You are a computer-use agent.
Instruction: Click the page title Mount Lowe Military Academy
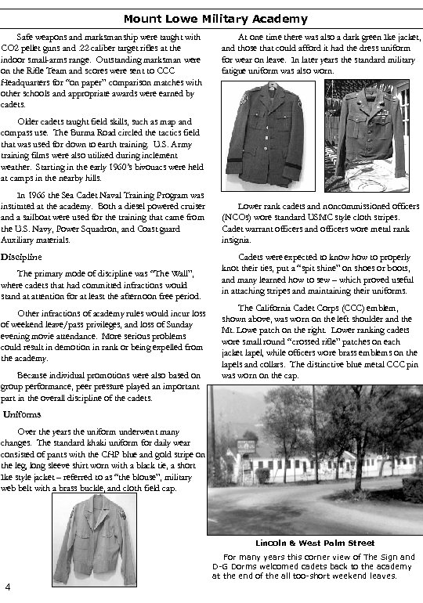coord(215,19)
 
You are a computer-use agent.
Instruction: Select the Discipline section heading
coord(16,257)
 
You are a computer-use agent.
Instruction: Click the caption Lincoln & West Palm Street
coord(314,543)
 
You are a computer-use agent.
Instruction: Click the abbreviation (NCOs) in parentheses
coord(236,218)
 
